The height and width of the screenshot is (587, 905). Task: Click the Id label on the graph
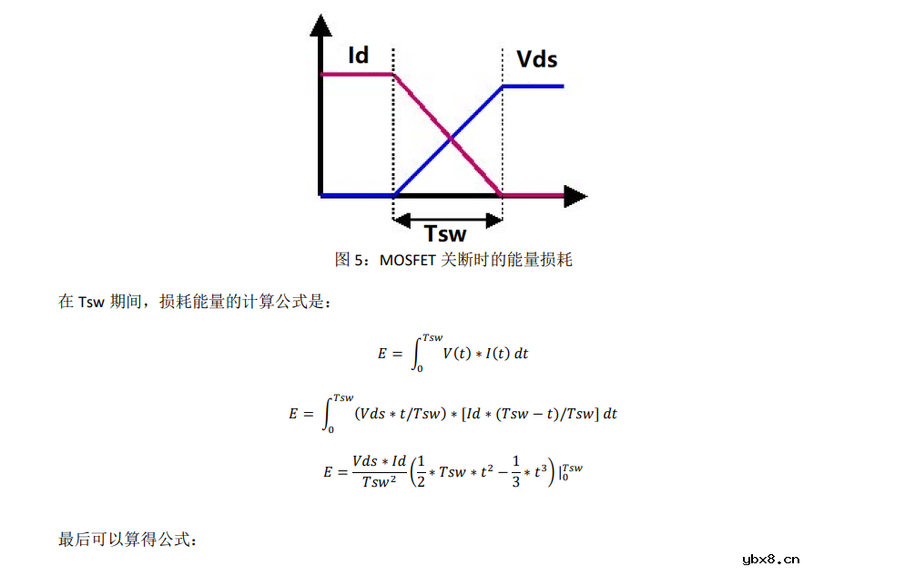[x=359, y=56]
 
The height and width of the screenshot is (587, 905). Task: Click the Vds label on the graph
[x=536, y=60]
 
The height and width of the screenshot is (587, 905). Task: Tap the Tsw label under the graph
[x=445, y=233]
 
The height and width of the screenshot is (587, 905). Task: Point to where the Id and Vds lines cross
[x=449, y=139]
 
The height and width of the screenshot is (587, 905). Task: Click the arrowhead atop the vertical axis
[x=320, y=25]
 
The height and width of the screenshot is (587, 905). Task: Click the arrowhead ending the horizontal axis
[x=575, y=195]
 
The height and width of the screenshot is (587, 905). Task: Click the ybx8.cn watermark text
[x=770, y=560]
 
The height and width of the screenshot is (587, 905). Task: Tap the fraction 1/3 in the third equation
[x=515, y=471]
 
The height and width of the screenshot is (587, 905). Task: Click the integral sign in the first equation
[x=418, y=353]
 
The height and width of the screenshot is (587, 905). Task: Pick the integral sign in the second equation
[x=329, y=413]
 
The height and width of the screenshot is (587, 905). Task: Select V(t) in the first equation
[x=456, y=354]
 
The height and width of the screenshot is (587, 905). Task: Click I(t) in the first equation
[x=496, y=354]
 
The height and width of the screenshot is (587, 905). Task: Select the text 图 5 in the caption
[x=343, y=260]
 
